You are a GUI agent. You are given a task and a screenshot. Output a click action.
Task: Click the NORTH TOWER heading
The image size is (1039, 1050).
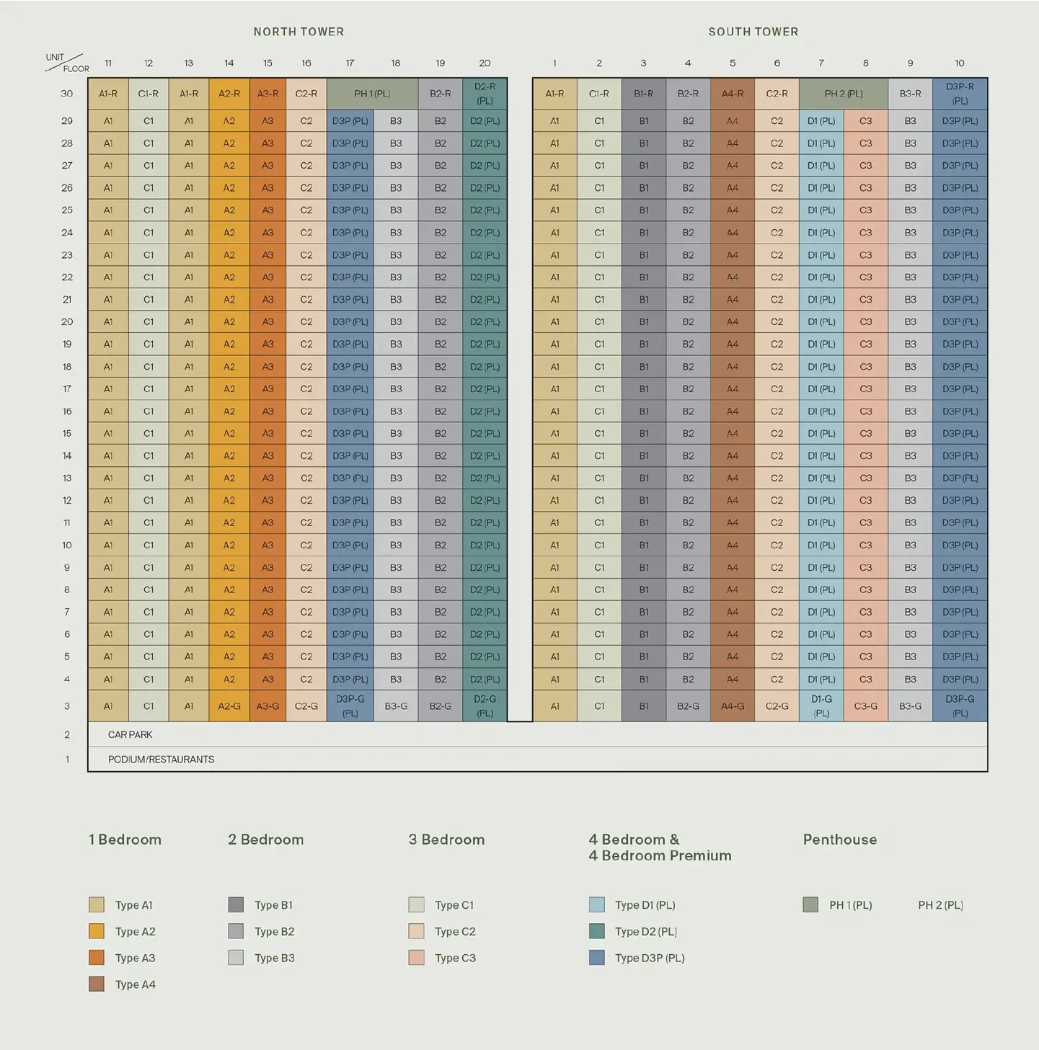(x=299, y=32)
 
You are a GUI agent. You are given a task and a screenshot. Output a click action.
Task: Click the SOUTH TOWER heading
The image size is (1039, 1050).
(x=753, y=32)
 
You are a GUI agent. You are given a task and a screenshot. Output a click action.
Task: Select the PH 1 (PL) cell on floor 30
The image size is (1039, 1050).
(x=372, y=94)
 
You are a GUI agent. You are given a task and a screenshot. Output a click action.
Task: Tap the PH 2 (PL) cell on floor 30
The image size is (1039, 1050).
(x=843, y=94)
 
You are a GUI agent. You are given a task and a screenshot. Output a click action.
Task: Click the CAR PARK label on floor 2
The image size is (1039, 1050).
(x=131, y=734)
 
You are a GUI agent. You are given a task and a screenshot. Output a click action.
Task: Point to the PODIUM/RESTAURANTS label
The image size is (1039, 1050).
(x=161, y=759)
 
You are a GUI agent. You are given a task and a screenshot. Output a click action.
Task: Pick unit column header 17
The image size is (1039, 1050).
(x=350, y=63)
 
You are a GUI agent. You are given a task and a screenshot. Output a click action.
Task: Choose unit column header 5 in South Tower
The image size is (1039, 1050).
(x=733, y=63)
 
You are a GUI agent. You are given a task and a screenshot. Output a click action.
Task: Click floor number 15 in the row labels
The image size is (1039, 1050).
(x=67, y=433)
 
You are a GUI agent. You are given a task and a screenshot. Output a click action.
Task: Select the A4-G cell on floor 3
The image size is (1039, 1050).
(x=733, y=706)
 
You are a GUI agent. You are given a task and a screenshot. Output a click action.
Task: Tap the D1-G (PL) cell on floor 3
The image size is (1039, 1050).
(x=821, y=706)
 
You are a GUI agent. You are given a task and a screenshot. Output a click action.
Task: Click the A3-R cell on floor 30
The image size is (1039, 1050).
(x=268, y=94)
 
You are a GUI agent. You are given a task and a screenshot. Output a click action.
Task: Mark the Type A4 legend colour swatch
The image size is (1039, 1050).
(x=97, y=984)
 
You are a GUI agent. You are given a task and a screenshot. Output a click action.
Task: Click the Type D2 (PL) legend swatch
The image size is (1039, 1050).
(x=596, y=931)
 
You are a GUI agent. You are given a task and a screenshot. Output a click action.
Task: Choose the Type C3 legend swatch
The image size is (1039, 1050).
(x=416, y=958)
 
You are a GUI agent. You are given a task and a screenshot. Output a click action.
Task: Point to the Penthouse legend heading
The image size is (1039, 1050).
(x=839, y=840)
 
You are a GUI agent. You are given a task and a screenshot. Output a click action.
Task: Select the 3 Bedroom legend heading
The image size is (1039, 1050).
(x=446, y=840)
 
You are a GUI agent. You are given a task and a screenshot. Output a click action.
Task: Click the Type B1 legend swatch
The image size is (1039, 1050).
(x=236, y=905)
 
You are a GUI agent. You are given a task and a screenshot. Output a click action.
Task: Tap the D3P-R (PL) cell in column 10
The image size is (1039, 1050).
(x=960, y=94)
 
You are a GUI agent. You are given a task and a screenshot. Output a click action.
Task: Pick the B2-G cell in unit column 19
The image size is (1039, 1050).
(x=440, y=706)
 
